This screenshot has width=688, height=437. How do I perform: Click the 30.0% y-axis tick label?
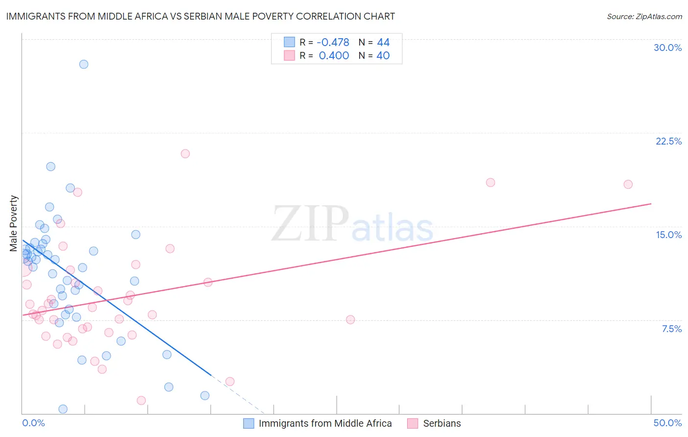[x=667, y=48]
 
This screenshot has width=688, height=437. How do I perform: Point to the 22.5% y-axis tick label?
[x=668, y=141]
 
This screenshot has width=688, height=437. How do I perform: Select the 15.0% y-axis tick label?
[x=668, y=235]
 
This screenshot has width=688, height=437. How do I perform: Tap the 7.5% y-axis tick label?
[x=671, y=329]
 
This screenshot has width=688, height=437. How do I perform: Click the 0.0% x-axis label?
[x=33, y=423]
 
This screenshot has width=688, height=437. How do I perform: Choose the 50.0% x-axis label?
[x=667, y=423]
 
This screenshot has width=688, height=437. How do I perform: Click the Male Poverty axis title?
[x=14, y=223]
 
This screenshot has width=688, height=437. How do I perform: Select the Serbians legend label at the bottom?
[x=442, y=423]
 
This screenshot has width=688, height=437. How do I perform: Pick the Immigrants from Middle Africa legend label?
[x=325, y=423]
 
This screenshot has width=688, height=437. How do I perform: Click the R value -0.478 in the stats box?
[x=333, y=43]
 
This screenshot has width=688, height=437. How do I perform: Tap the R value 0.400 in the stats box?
[x=334, y=56]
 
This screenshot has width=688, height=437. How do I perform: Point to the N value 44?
[x=383, y=43]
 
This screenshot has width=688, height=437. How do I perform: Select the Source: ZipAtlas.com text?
[x=644, y=17]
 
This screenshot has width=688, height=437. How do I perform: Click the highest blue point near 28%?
[x=84, y=64]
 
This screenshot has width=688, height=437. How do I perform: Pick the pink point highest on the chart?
[x=185, y=153]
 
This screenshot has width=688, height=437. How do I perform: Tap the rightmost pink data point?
[x=628, y=184]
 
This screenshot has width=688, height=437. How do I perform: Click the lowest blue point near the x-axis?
[x=63, y=409]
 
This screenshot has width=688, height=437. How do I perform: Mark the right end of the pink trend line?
[x=651, y=203]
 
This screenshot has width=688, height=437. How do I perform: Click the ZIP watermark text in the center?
[x=310, y=224]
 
